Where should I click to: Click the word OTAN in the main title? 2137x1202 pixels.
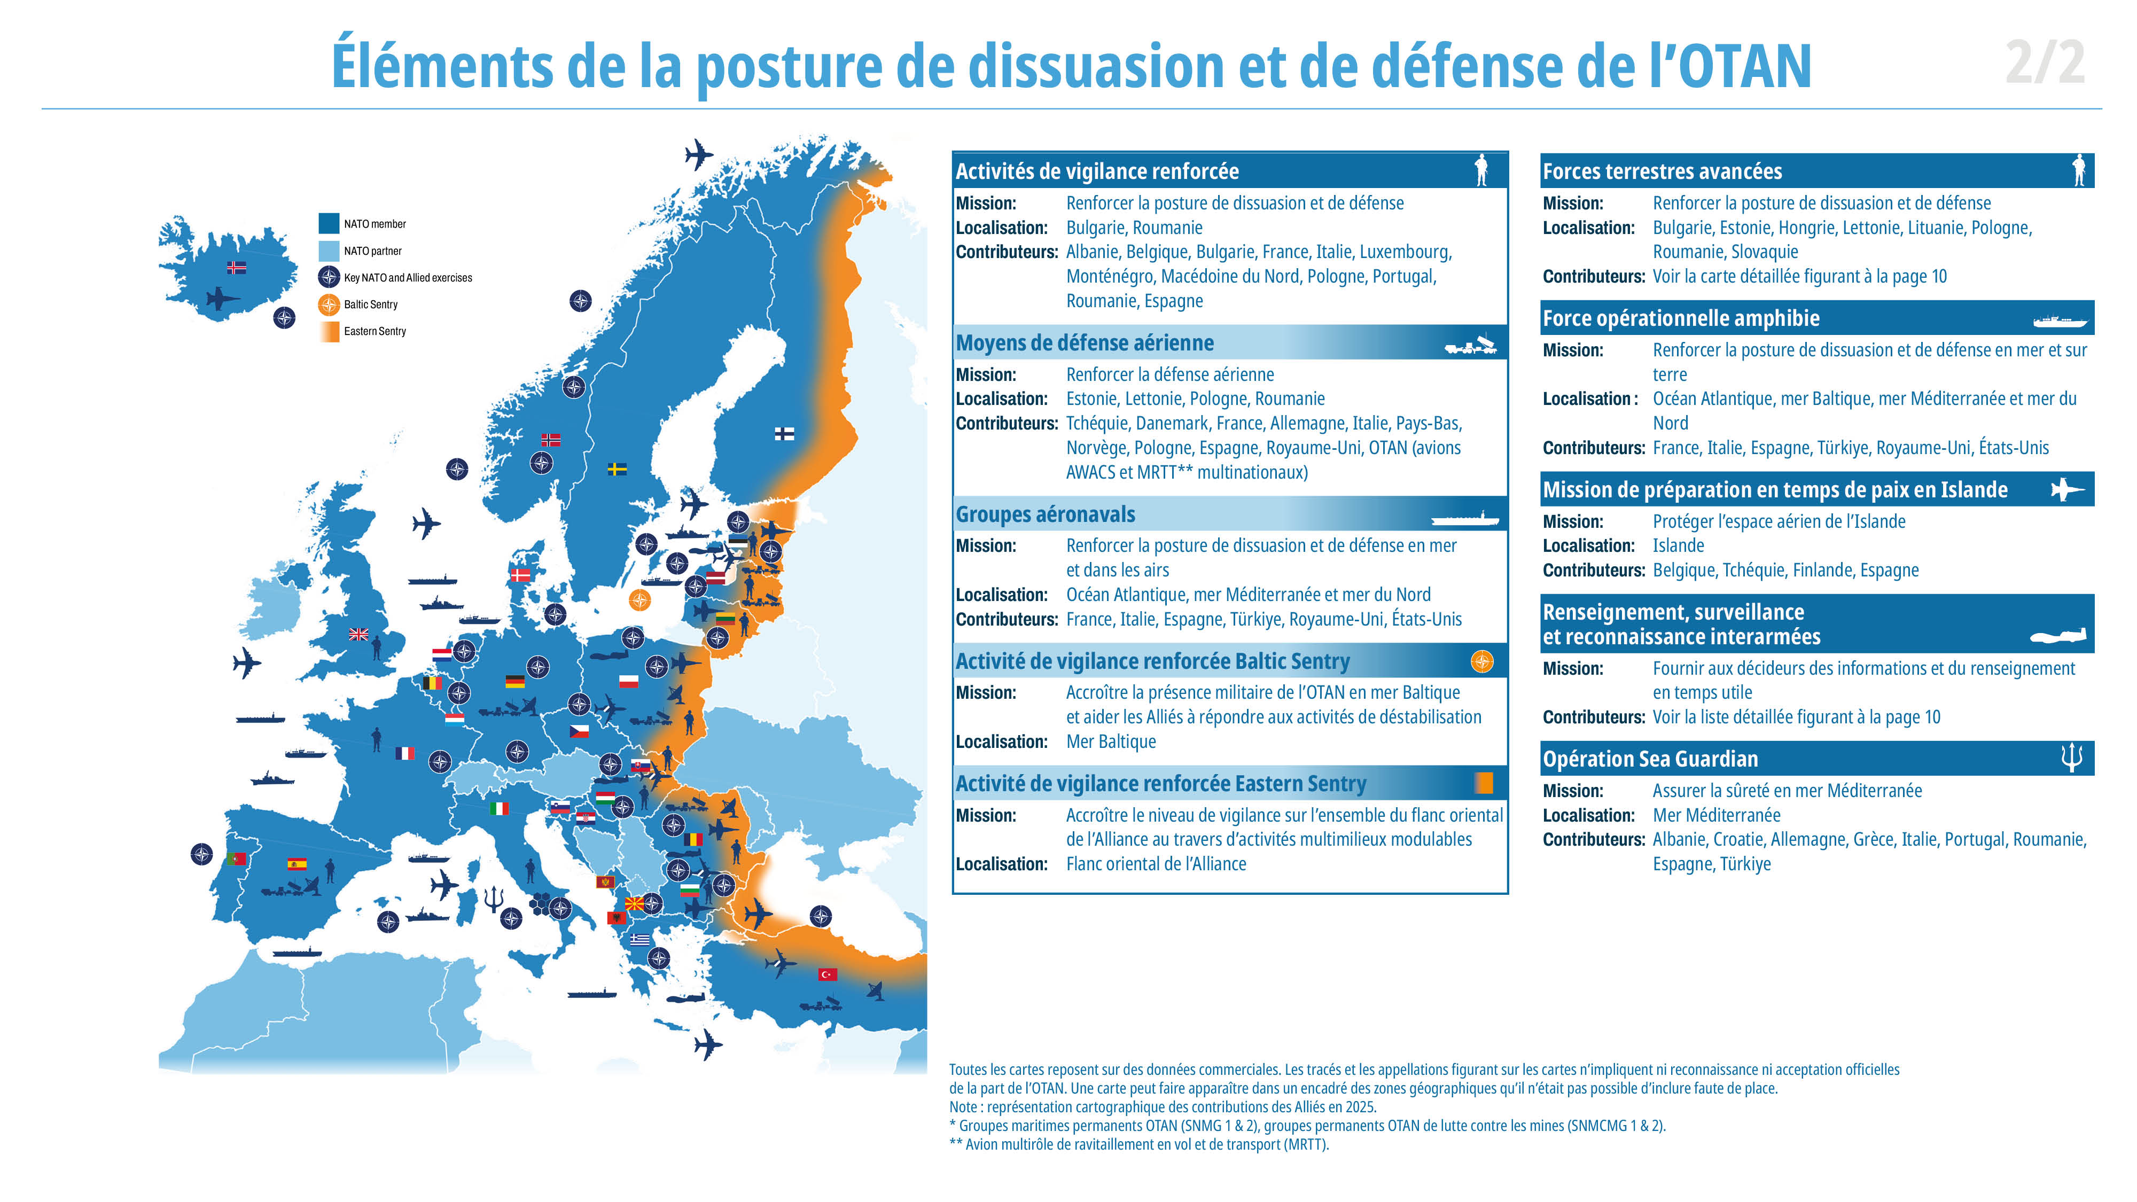pyautogui.click(x=1745, y=66)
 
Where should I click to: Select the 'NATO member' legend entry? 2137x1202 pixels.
pyautogui.click(x=363, y=223)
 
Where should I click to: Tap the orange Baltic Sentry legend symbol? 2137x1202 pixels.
pyautogui.click(x=329, y=305)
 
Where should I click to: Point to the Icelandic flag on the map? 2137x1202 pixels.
pyautogui.click(x=237, y=267)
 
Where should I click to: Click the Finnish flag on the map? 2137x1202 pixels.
pyautogui.click(x=784, y=433)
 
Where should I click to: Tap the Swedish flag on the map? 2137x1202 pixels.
pyautogui.click(x=617, y=469)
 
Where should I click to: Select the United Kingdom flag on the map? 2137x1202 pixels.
pyautogui.click(x=358, y=634)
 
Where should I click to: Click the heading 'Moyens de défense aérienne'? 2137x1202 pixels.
pyautogui.click(x=1085, y=342)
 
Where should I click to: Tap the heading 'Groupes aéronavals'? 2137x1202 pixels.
pyautogui.click(x=1046, y=514)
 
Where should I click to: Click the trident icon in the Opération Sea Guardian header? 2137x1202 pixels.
pyautogui.click(x=2071, y=758)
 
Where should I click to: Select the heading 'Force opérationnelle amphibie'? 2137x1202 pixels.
pyautogui.click(x=1681, y=318)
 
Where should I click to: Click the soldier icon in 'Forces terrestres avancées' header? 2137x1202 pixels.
pyautogui.click(x=2078, y=170)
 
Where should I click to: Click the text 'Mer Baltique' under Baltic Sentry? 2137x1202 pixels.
pyautogui.click(x=1111, y=742)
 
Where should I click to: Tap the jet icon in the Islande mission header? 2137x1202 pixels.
pyautogui.click(x=2068, y=489)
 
